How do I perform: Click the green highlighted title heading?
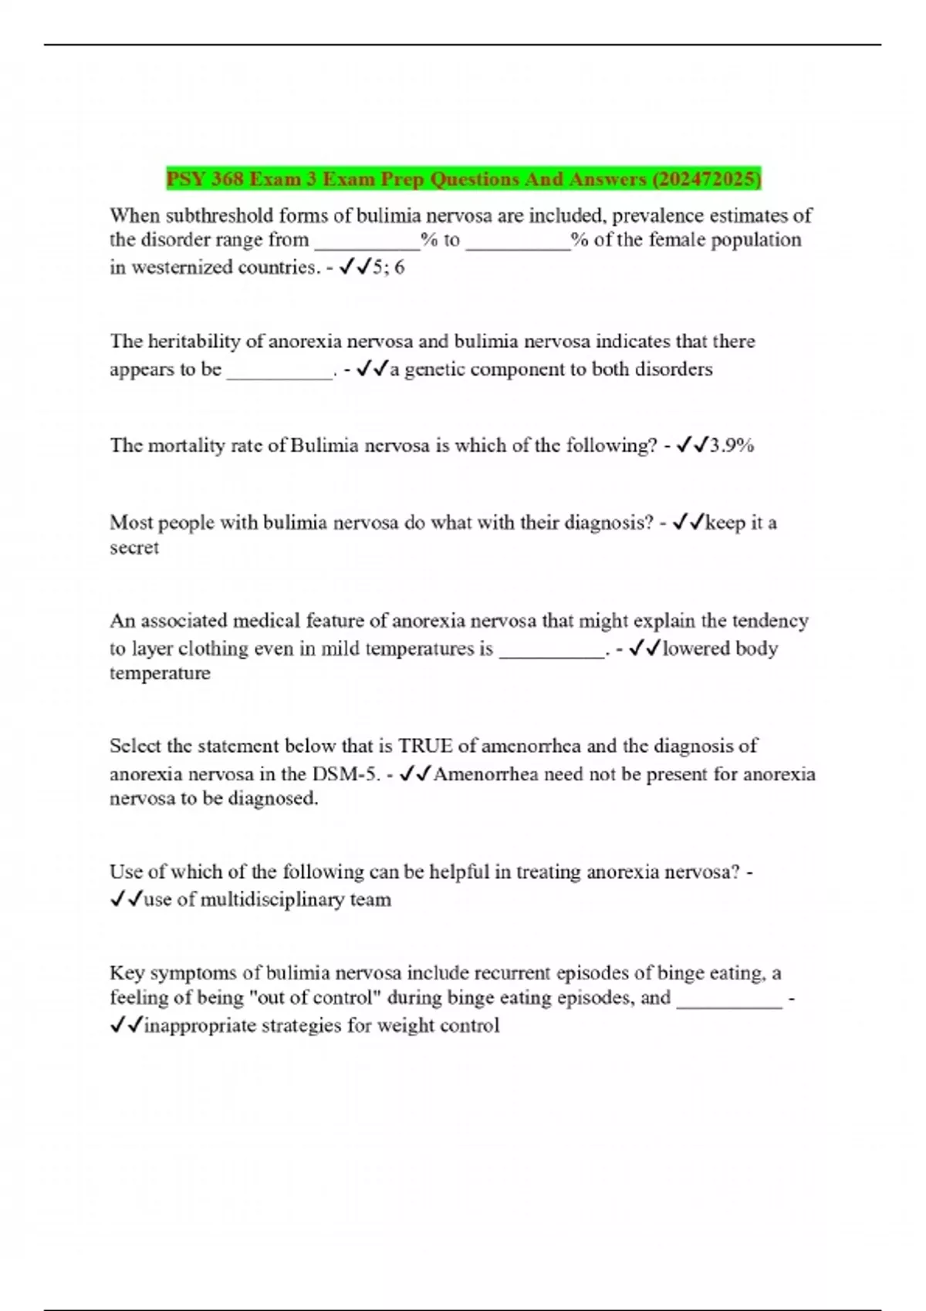[463, 179]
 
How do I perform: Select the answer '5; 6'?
[388, 268]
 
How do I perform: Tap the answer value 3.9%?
[732, 445]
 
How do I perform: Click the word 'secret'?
[134, 548]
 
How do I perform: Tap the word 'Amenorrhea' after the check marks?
[486, 773]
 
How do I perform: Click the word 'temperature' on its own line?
[160, 673]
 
